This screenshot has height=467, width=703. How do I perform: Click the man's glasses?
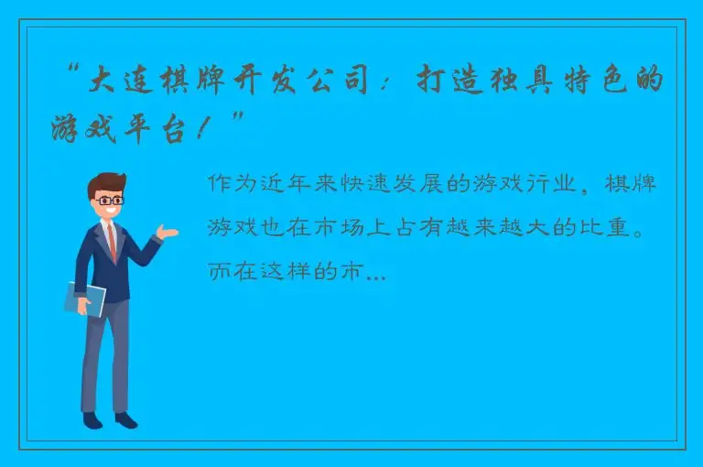[x=110, y=200]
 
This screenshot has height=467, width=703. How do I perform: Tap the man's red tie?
[x=113, y=243]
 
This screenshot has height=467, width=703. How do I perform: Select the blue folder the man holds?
[x=84, y=298]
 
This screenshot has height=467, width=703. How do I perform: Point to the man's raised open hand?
[x=167, y=233]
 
